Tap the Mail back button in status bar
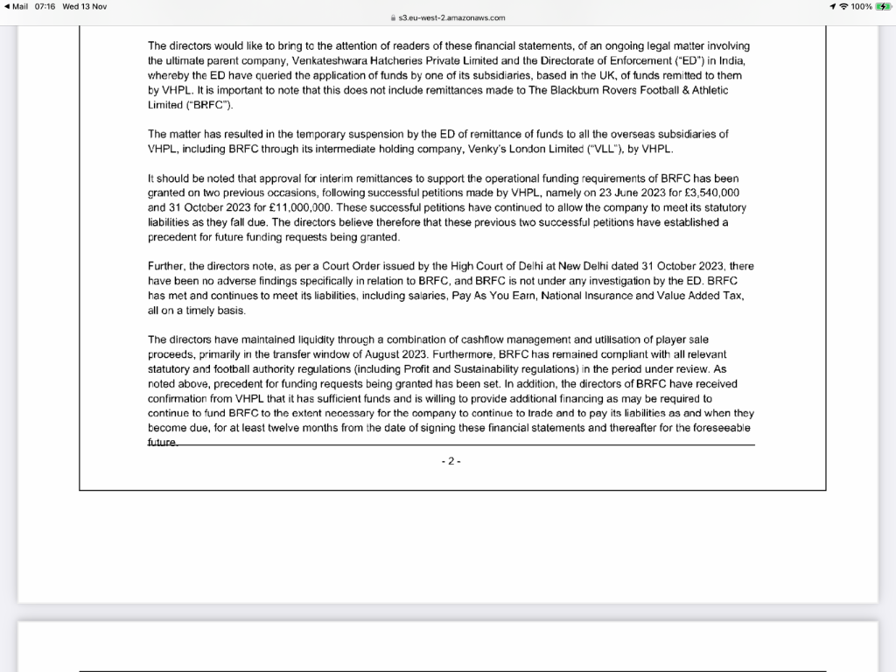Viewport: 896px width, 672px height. [17, 6]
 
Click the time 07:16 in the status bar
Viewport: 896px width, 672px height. [46, 6]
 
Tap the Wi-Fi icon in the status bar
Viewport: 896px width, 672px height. [843, 6]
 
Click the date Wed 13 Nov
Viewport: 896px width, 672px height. [85, 6]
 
